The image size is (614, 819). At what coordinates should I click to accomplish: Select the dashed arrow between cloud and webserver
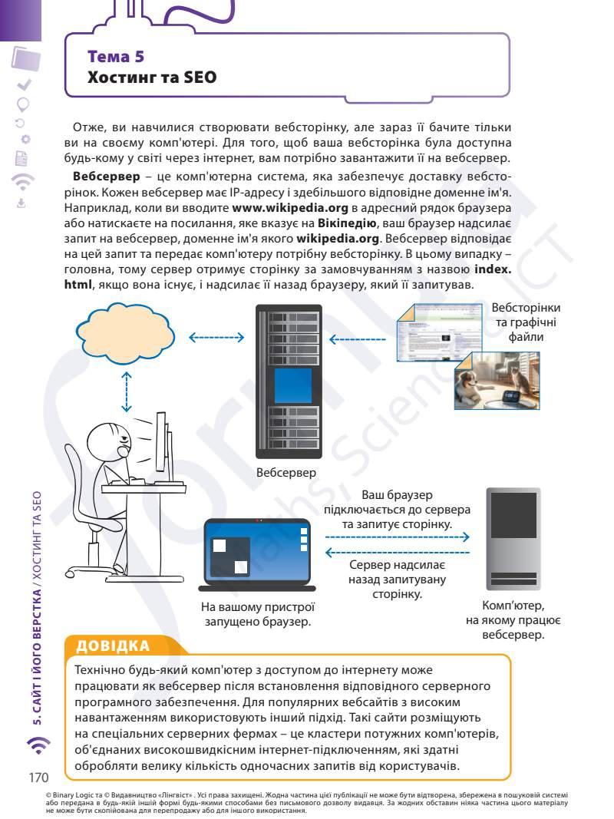click(x=216, y=337)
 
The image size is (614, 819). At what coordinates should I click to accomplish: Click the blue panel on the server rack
click(x=288, y=386)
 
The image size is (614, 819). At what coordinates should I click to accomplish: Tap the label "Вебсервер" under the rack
click(x=286, y=474)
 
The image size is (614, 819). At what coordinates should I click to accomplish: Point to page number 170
click(x=38, y=778)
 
